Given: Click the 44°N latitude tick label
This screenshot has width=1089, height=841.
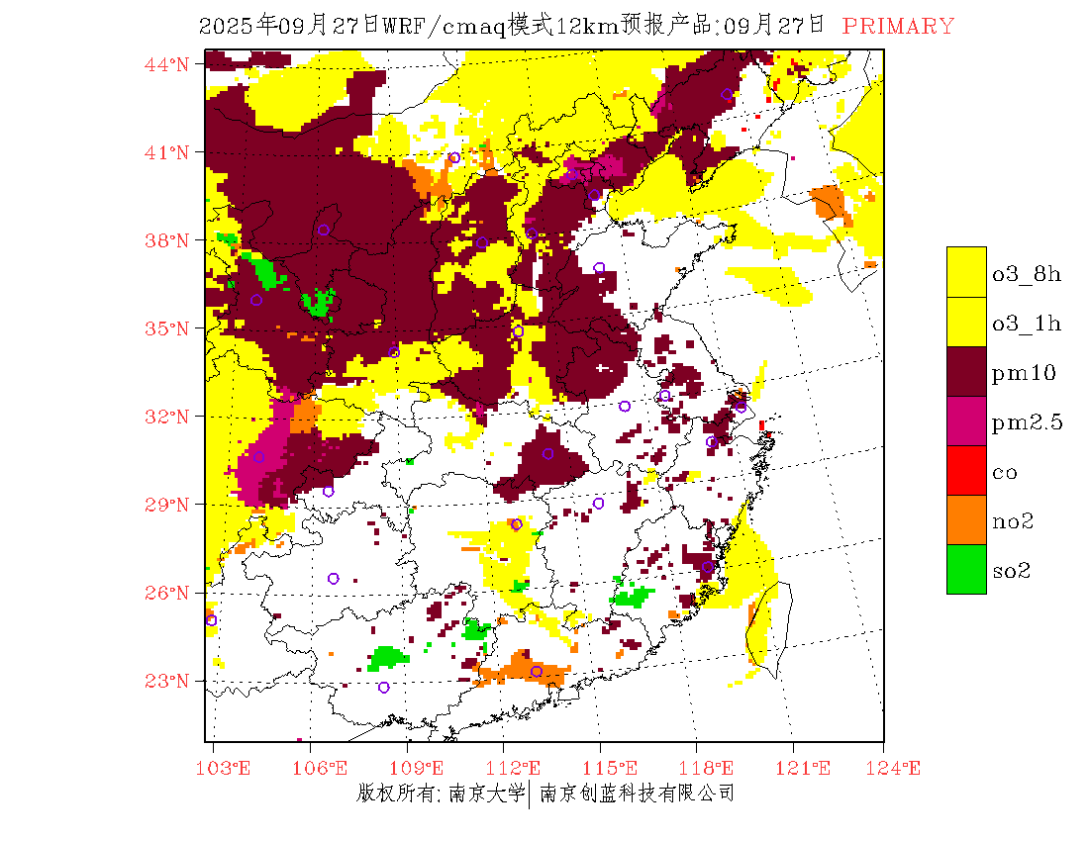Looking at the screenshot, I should click(167, 64).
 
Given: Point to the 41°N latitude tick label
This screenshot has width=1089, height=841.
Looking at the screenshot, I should click(167, 152).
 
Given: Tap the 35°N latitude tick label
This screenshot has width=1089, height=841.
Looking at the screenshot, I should click(167, 328).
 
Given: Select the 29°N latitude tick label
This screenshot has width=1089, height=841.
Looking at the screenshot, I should click(167, 505).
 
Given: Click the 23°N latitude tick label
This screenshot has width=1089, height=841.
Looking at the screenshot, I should click(167, 681).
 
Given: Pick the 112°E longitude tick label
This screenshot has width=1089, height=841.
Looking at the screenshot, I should click(519, 768).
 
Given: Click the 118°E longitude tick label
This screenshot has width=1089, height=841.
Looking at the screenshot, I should click(711, 768).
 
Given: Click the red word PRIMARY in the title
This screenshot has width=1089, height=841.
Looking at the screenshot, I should click(898, 27).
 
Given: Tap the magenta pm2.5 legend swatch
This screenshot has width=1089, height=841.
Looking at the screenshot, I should click(966, 420).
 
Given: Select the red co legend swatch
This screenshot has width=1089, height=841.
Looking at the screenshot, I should click(966, 470).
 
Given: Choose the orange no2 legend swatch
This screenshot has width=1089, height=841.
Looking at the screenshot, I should click(966, 519).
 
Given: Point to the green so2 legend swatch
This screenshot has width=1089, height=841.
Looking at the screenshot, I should click(966, 569).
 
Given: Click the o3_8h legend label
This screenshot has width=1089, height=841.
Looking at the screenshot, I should click(1027, 274).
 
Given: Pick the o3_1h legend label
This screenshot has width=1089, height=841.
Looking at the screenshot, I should click(1027, 324).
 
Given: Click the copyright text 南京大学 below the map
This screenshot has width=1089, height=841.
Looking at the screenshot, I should click(485, 794).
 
